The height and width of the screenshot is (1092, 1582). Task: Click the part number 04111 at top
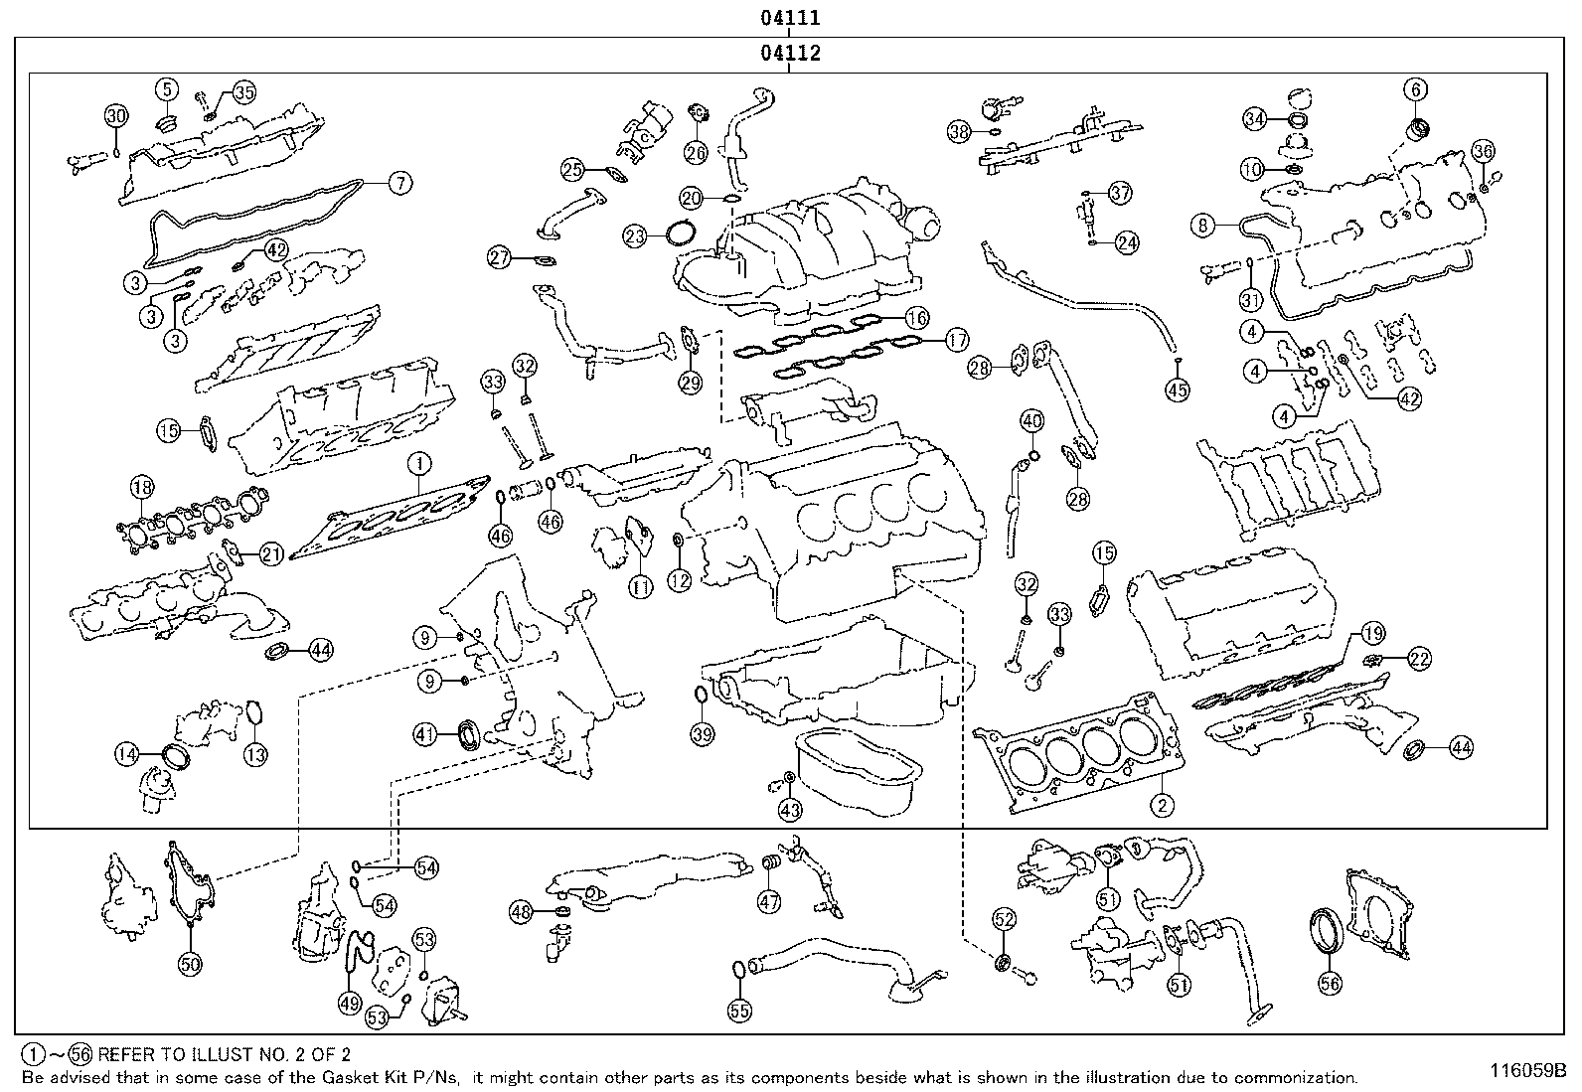(x=791, y=17)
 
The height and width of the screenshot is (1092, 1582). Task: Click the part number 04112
(x=791, y=53)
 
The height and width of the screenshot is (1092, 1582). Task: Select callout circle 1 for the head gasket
(x=419, y=463)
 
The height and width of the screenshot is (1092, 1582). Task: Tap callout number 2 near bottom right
(x=1162, y=805)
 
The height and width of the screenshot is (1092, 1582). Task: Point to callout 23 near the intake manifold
(x=636, y=235)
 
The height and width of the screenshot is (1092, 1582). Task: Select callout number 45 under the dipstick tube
(x=1177, y=390)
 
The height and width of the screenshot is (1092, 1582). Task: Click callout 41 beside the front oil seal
(x=426, y=734)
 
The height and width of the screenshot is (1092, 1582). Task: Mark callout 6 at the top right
(x=1415, y=89)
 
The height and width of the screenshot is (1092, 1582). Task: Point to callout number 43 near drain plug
(x=789, y=811)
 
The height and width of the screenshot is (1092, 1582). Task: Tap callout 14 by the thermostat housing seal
(x=126, y=754)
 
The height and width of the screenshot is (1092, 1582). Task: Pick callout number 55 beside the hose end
(x=739, y=1011)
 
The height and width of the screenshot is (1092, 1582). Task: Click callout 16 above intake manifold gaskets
(x=916, y=319)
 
